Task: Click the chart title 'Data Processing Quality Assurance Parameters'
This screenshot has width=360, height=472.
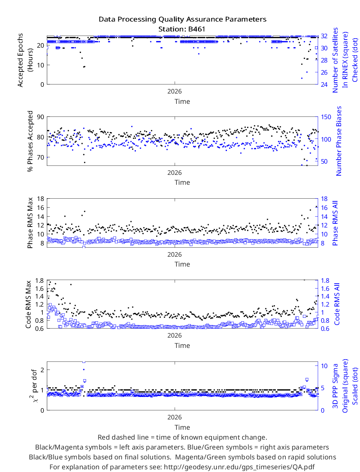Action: tap(182, 20)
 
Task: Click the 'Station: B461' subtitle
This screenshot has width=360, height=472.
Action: tap(182, 29)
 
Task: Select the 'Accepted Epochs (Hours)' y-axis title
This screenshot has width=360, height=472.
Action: tap(25, 60)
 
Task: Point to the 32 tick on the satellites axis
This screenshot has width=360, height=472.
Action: tap(324, 36)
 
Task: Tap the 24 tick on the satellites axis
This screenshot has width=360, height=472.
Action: tap(324, 85)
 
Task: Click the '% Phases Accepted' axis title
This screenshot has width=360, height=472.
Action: tap(30, 141)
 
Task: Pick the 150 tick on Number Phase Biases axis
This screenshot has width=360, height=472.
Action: tap(326, 117)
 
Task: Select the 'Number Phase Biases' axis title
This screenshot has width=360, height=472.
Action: tap(339, 141)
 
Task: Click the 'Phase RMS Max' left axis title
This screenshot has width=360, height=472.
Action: tap(30, 223)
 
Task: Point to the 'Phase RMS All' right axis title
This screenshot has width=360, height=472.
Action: tap(335, 223)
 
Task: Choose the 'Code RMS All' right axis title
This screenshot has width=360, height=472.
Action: tap(337, 304)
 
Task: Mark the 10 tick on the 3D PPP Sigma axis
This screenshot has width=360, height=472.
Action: tap(324, 366)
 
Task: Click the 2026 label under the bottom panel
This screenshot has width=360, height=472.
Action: tap(175, 417)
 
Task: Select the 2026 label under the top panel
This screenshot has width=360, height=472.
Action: tap(175, 92)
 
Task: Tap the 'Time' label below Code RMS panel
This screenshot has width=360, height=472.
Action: tap(182, 346)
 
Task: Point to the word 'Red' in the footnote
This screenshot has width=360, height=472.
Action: tap(103, 437)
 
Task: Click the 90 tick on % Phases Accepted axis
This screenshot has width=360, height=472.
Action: tap(40, 117)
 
